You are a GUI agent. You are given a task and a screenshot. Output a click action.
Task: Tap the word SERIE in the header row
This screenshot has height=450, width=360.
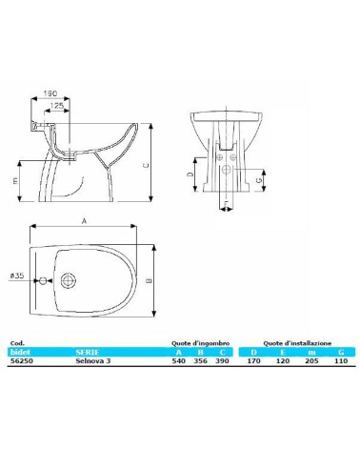click(x=87, y=352)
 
